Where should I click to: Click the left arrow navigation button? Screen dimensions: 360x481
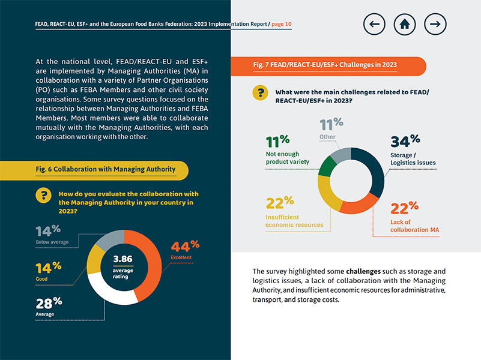click(375, 24)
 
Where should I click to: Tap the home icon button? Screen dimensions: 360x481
click(405, 24)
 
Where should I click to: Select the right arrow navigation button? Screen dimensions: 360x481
click(435, 24)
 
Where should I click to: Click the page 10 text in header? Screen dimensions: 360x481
click(282, 24)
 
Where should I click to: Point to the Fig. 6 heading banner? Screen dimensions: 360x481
click(105, 169)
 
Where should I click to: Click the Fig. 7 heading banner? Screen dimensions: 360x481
click(324, 65)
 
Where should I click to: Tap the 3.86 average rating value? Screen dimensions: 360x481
click(123, 260)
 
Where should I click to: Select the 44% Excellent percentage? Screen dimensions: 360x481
click(185, 245)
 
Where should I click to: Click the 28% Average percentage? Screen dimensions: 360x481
click(49, 302)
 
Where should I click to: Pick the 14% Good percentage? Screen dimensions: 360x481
click(48, 268)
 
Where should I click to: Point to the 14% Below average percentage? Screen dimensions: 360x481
click(47, 231)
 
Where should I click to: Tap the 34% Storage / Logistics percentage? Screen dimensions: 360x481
click(405, 142)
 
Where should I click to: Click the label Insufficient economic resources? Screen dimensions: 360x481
click(294, 221)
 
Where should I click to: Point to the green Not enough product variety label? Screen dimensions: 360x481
click(287, 158)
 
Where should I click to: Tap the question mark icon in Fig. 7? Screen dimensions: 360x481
click(260, 93)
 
